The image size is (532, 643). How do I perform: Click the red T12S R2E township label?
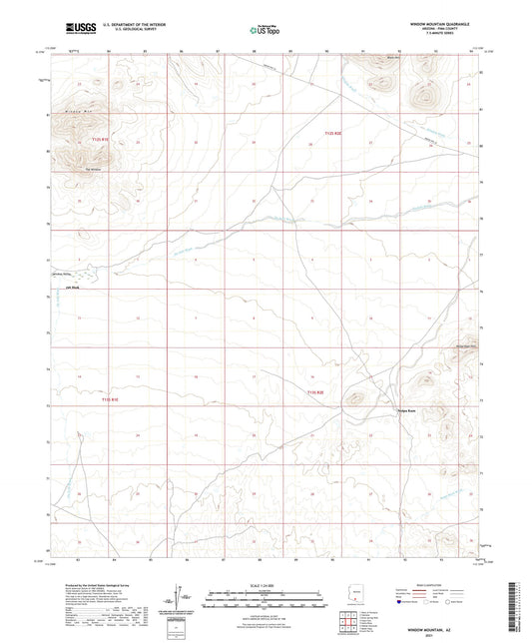(333, 131)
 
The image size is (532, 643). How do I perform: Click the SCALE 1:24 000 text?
(266, 585)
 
